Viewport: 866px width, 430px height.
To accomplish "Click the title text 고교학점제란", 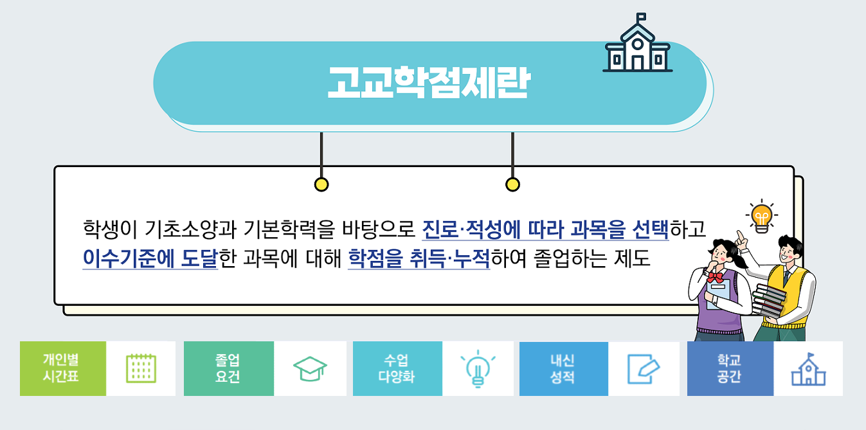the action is [x=429, y=82].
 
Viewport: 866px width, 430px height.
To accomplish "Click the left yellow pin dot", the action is [x=321, y=184].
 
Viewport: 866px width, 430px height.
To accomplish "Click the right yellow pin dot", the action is [x=512, y=184].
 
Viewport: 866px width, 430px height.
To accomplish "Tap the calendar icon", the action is [x=141, y=368].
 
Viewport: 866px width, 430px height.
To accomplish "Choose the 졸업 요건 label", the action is [x=228, y=368].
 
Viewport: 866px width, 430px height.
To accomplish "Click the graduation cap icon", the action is [x=310, y=369].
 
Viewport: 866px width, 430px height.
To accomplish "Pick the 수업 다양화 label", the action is [x=397, y=368].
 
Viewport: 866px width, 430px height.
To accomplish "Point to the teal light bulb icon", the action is [x=478, y=369].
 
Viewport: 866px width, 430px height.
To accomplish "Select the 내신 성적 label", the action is [x=564, y=368].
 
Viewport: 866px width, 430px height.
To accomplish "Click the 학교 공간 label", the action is [x=730, y=368].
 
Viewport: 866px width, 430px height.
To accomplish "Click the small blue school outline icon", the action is [x=808, y=370].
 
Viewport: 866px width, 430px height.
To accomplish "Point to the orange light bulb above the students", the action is [x=762, y=217].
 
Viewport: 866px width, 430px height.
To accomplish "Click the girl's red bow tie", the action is [x=716, y=277].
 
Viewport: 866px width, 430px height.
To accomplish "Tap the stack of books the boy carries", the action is [x=769, y=301].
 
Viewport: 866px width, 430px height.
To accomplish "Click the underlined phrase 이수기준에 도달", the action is [x=150, y=258].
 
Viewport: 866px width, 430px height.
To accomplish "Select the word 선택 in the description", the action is [x=650, y=229].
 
